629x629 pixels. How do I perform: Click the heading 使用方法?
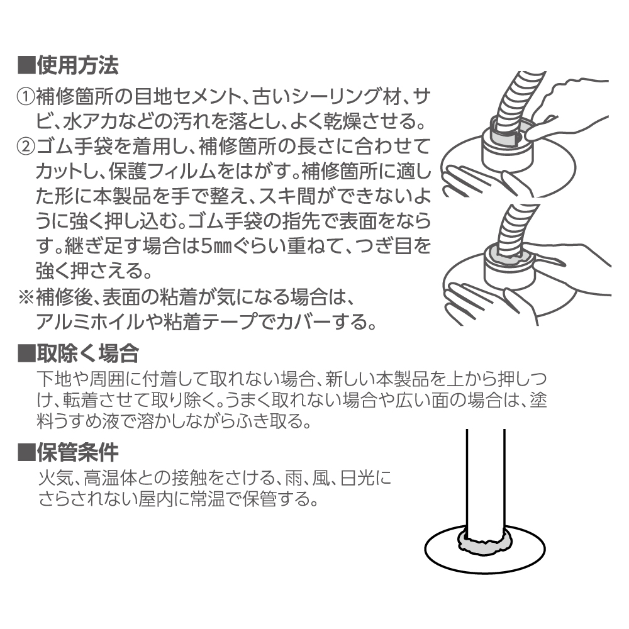(77, 64)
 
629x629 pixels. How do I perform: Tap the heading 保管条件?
(77, 452)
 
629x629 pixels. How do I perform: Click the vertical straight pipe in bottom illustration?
(485, 478)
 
